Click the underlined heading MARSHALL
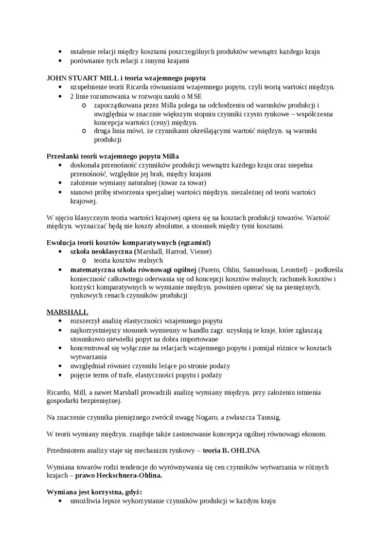[67, 312]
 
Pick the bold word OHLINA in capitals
[245, 450]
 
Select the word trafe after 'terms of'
[121, 375]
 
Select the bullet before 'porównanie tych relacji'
[61, 61]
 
